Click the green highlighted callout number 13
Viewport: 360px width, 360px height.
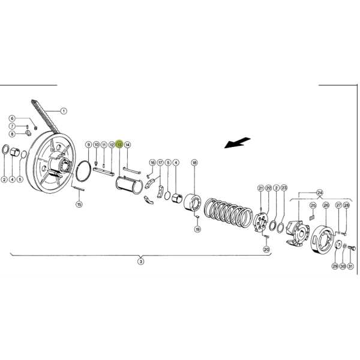point(119,145)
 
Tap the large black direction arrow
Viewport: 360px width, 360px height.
point(237,143)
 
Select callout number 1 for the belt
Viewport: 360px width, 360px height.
point(64,111)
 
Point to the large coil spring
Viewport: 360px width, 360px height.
point(229,212)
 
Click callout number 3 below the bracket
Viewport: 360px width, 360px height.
point(141,261)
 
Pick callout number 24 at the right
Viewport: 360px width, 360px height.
point(320,193)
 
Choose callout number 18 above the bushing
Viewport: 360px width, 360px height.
point(194,163)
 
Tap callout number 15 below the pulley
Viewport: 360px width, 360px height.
point(79,204)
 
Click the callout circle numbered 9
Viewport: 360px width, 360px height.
point(88,145)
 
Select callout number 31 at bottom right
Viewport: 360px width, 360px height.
point(350,266)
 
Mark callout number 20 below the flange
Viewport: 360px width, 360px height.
point(266,249)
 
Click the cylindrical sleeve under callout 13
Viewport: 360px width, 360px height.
point(129,185)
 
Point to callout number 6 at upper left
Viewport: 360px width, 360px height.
point(12,118)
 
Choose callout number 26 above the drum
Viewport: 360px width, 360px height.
point(326,205)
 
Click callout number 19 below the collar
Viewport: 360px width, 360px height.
point(197,229)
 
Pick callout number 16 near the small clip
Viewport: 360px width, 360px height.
point(152,163)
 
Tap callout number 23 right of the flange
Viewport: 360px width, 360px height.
point(284,188)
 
